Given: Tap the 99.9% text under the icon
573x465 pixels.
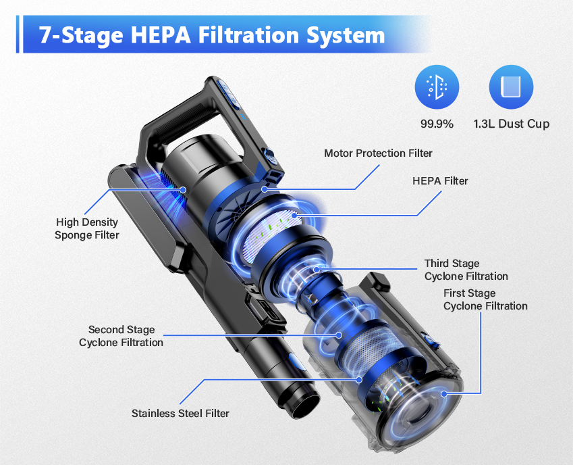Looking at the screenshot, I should coord(437,124).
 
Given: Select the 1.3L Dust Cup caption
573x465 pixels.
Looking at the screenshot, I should coord(511,124).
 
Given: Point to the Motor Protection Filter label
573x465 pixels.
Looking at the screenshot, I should coord(378,153).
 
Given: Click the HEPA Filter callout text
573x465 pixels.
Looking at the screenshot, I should coord(440,181).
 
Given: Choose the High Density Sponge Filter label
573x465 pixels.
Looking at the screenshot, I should coord(88,228).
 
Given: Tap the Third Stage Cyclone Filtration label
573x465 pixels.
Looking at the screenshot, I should coord(466,270).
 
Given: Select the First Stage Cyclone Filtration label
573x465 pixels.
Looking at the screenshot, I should coord(485,299).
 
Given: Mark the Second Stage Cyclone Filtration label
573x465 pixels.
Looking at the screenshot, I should coord(121,336).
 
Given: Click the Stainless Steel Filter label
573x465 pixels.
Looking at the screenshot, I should coord(180,413).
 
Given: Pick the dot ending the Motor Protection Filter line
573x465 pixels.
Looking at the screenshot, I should coord(265,189).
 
